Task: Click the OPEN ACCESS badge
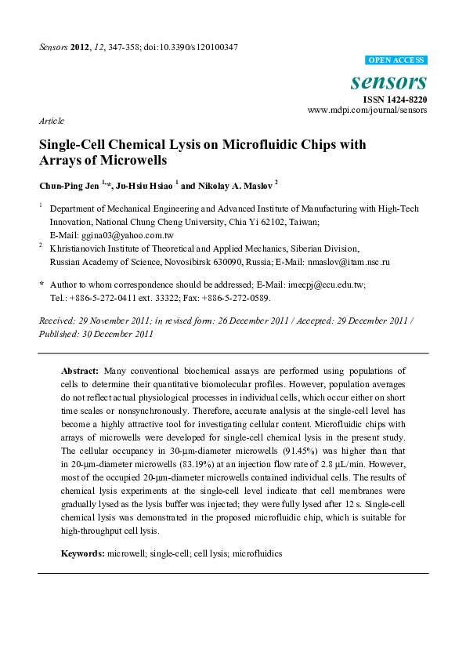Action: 396,60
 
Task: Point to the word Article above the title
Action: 51,121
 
